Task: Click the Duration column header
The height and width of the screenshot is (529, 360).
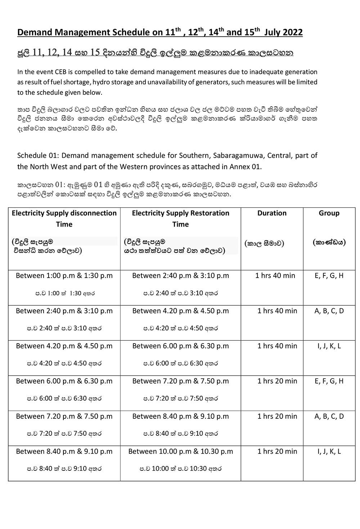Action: pos(272,213)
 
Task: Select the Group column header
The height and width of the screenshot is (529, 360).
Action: pos(329,213)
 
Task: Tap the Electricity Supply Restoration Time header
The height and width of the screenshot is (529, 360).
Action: pos(180,218)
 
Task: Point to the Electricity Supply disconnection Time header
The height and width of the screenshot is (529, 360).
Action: pos(64,218)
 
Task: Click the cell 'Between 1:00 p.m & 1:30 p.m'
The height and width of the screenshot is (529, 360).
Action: pos(64,275)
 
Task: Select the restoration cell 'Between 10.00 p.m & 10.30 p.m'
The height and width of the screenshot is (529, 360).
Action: pos(180,451)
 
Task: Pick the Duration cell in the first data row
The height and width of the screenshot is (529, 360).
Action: pos(275,275)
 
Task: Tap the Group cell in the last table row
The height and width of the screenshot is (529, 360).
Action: pos(329,451)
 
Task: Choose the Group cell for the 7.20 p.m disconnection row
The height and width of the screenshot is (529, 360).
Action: pos(329,416)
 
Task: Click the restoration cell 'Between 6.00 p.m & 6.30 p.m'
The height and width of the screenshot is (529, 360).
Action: pos(180,346)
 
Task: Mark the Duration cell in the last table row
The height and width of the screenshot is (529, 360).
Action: pos(277,451)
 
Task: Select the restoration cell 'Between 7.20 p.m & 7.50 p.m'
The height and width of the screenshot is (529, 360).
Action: pos(180,381)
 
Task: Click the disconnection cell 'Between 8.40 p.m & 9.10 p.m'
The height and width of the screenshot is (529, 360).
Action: pos(64,451)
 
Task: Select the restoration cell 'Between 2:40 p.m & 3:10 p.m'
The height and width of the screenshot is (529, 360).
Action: pos(180,275)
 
